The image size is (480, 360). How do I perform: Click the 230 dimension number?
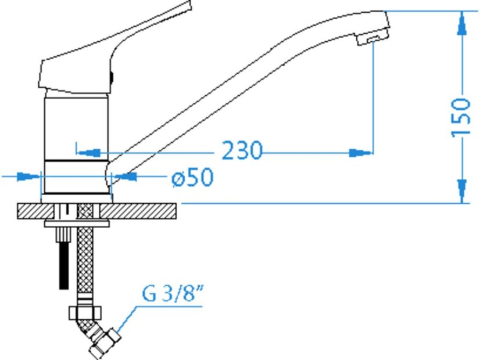tap(242, 150)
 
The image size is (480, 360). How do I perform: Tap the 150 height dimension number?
tap(461, 118)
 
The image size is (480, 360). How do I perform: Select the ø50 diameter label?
tap(192, 177)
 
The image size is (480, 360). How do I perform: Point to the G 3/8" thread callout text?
tap(173, 293)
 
